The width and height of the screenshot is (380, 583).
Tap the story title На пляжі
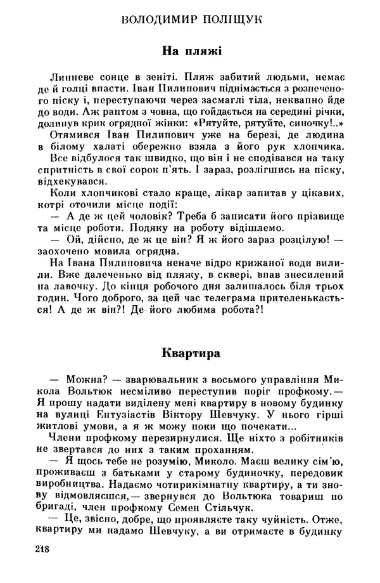(191, 49)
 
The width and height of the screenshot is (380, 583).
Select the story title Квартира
(191, 350)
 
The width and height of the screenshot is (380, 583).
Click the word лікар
(225, 190)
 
